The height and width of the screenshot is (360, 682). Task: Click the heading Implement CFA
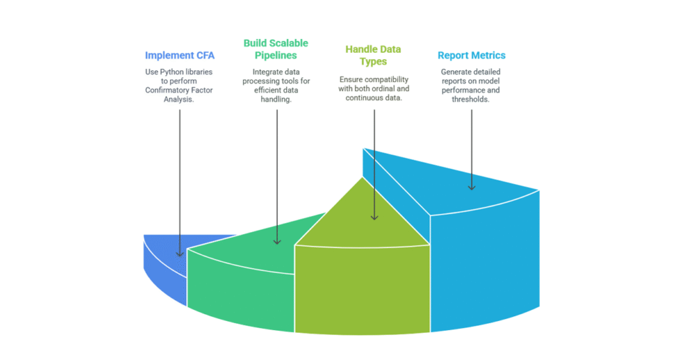(x=180, y=56)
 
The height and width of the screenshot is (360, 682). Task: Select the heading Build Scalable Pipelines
(x=277, y=49)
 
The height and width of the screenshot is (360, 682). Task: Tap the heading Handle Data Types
(x=373, y=56)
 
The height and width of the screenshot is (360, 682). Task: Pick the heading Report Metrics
(x=471, y=56)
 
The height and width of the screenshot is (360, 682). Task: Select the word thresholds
(x=472, y=98)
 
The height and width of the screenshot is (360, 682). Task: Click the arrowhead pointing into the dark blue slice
(x=180, y=253)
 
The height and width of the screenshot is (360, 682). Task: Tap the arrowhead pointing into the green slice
(x=277, y=241)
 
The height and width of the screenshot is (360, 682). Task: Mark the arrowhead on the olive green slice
(x=374, y=217)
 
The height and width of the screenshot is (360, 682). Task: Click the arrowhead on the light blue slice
(x=471, y=187)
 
